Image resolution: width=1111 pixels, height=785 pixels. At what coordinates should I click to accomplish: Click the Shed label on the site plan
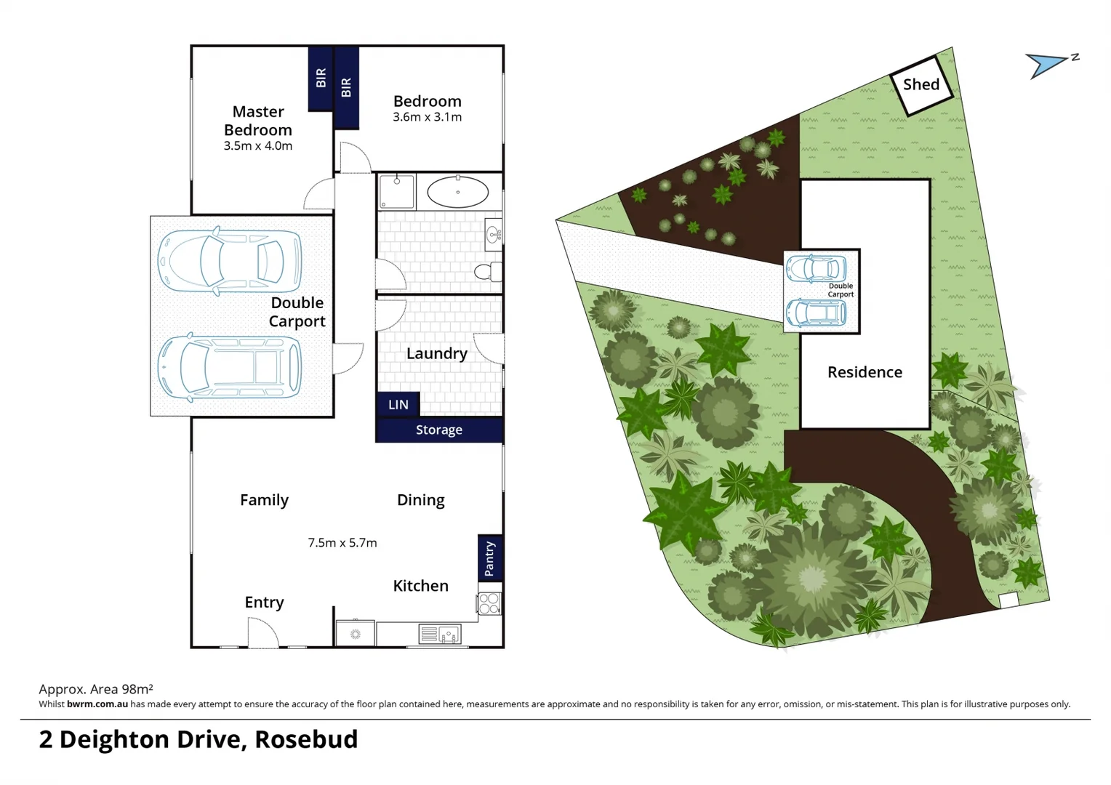click(x=921, y=85)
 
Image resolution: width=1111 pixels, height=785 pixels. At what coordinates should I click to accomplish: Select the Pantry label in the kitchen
click(x=489, y=557)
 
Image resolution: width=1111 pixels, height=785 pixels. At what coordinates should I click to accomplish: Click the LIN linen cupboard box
click(x=398, y=405)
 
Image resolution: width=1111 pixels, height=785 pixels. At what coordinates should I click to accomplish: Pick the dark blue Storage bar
click(x=439, y=430)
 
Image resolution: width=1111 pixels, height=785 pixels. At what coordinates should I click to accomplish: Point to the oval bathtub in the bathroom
click(x=457, y=193)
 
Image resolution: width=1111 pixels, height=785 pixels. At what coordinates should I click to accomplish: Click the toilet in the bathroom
click(x=487, y=272)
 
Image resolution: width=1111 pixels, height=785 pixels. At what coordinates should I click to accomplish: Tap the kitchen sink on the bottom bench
click(x=440, y=635)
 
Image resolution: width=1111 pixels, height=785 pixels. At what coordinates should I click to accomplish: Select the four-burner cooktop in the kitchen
click(x=489, y=603)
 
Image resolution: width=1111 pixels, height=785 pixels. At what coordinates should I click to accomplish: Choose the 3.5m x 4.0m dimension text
click(x=258, y=146)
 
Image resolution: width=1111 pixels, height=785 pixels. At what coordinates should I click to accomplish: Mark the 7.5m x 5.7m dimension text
click(x=342, y=543)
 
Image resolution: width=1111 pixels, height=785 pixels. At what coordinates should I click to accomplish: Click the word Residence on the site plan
click(x=865, y=372)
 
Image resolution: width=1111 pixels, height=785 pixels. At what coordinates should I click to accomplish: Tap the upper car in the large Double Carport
click(x=230, y=261)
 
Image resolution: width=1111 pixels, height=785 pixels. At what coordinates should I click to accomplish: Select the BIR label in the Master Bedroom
click(x=321, y=78)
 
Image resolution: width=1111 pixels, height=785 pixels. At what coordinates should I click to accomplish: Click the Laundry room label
click(x=436, y=354)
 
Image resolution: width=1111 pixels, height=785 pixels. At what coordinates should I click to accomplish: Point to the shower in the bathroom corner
click(x=396, y=192)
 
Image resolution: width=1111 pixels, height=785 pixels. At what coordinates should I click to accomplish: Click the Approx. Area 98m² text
click(x=95, y=689)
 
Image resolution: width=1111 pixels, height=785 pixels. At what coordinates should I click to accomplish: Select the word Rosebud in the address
click(x=306, y=739)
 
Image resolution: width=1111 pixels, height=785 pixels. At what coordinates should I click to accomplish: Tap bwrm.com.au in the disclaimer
click(x=97, y=704)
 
